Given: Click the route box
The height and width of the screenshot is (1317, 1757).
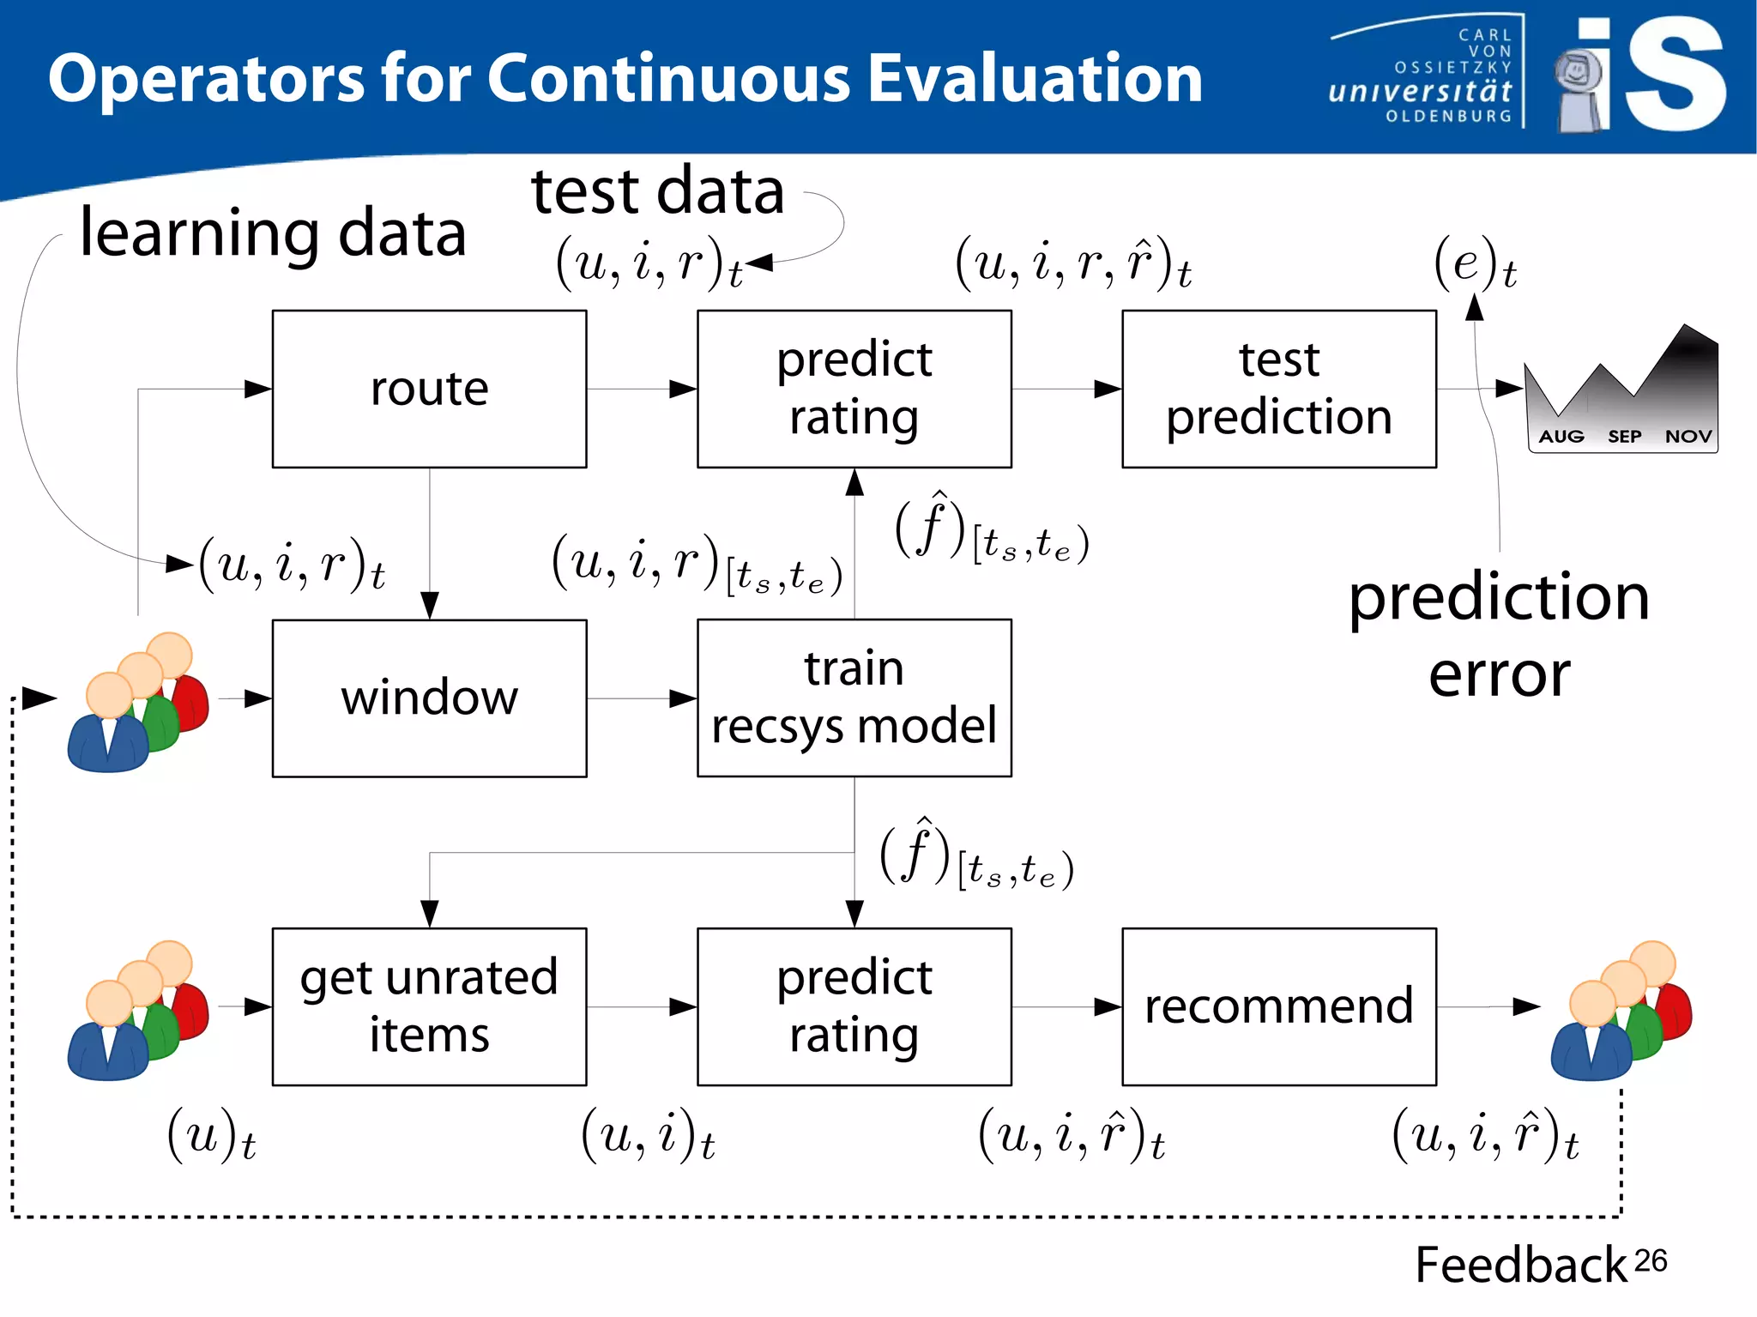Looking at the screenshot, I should (x=429, y=389).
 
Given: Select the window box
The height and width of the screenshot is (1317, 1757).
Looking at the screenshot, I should (x=429, y=698).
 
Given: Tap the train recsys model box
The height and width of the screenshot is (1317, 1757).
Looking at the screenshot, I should (x=854, y=698).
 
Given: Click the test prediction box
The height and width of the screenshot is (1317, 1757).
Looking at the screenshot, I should (x=1278, y=389).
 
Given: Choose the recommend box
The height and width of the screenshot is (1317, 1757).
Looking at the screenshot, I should (x=1278, y=1006).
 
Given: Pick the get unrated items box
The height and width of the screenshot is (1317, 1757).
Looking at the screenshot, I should (x=429, y=1006).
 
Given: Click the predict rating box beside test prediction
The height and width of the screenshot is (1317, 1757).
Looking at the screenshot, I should (x=854, y=389).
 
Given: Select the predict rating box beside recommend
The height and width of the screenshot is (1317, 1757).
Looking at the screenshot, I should (x=854, y=1006).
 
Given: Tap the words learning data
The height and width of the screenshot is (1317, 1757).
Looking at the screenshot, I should (x=273, y=233).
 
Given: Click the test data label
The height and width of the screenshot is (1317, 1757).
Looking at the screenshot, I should (x=657, y=190).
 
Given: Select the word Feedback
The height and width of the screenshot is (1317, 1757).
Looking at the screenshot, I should (x=1520, y=1265).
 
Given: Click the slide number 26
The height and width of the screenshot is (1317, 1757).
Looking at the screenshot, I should (x=1650, y=1260).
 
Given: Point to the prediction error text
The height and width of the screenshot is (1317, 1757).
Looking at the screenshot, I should (x=1499, y=635).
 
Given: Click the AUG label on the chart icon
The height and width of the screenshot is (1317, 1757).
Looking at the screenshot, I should (x=1561, y=437).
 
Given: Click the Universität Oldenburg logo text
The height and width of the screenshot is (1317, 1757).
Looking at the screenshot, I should (x=1421, y=91).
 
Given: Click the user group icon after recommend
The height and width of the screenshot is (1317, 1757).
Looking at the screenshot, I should (x=1620, y=1011).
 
